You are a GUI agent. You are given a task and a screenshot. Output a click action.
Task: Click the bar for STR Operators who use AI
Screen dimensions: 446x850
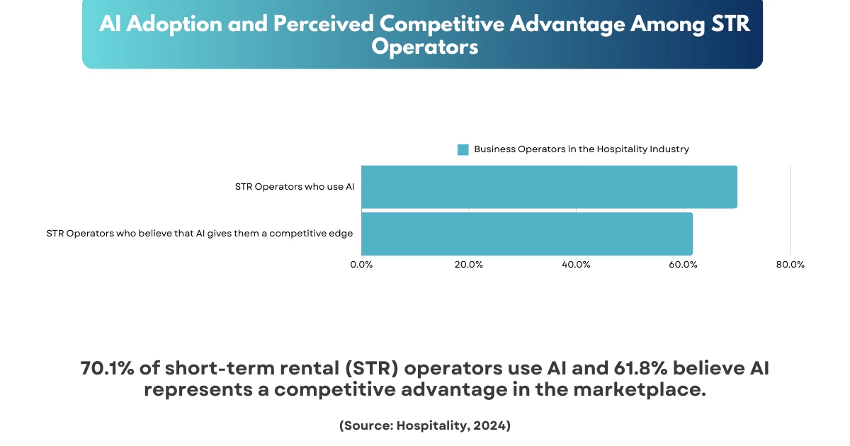pos(549,187)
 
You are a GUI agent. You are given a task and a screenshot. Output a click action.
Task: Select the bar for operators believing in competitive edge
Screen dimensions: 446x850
pos(526,234)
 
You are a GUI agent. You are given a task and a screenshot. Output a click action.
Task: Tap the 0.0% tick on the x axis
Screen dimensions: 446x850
pos(361,265)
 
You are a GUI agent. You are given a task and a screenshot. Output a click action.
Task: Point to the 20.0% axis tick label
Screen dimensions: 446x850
pos(469,265)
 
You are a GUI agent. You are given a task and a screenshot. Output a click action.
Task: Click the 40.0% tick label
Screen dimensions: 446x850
pos(576,265)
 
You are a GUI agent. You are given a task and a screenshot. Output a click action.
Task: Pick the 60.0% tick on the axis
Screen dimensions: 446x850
pos(683,265)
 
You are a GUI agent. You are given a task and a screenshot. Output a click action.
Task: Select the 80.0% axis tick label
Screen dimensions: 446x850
pos(790,265)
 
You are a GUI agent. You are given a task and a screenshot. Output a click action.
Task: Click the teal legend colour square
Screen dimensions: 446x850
pos(463,149)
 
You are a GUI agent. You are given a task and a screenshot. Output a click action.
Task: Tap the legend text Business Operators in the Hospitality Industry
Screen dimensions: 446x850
pos(582,149)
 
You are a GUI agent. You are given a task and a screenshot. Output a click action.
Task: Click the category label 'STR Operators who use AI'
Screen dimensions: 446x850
pos(294,187)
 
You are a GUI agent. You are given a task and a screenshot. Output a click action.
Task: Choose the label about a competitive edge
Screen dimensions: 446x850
pos(199,234)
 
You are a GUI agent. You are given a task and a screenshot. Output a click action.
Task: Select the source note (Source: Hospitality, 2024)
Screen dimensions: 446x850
pos(425,425)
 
